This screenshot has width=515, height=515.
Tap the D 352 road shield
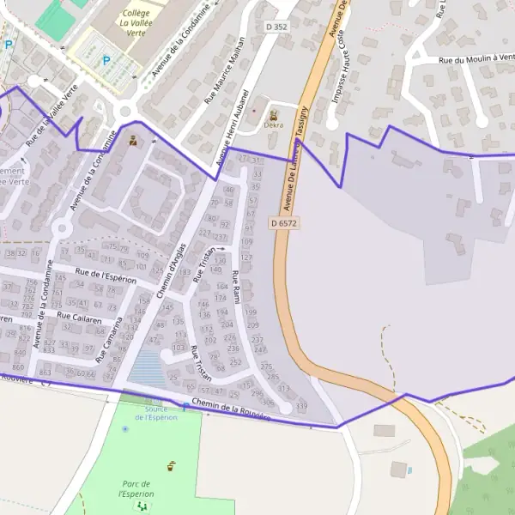tap(276, 27)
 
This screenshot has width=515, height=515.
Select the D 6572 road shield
tap(283, 222)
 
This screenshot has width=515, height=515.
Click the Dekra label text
tap(274, 125)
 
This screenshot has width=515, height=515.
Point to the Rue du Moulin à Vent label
tap(476, 60)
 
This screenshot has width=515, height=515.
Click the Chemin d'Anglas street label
tap(171, 270)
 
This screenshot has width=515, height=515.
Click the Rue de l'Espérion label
tap(106, 275)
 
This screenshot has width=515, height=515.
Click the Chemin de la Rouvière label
tap(231, 409)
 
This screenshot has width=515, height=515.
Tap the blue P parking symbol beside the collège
tap(106, 61)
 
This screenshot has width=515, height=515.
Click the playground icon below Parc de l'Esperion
tap(139, 506)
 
